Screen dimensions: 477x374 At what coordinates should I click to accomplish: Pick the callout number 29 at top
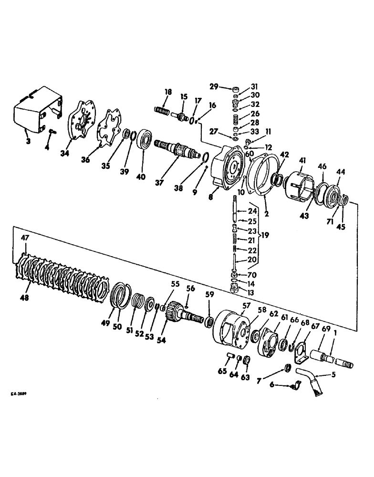(214, 86)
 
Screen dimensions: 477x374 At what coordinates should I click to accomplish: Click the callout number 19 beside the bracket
(266, 235)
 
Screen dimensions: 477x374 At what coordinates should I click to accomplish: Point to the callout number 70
(253, 275)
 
